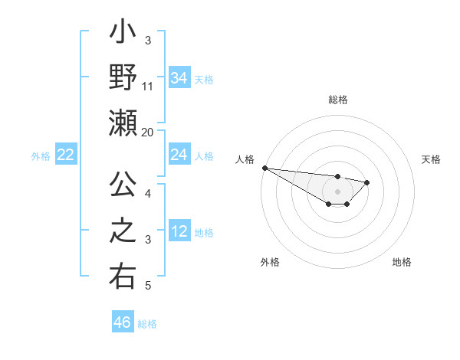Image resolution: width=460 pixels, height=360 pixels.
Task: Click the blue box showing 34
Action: click(179, 77)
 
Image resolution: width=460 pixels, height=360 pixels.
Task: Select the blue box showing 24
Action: click(179, 155)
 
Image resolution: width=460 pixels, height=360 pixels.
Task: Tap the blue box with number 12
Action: click(179, 231)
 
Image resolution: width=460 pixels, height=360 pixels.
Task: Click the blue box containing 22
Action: click(66, 155)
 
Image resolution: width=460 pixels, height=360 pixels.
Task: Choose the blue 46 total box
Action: click(123, 322)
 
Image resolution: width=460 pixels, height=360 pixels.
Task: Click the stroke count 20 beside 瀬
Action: click(148, 132)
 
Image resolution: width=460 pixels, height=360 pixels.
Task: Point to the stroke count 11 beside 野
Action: click(148, 86)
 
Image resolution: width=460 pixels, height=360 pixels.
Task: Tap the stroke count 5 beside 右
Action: click(148, 286)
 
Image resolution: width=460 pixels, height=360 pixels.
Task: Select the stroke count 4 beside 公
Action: click(148, 193)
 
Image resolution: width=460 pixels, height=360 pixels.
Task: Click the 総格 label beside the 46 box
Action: click(147, 324)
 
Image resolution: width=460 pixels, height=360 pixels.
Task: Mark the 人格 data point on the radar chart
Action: click(264, 168)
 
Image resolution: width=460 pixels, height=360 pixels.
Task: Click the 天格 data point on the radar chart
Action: click(367, 182)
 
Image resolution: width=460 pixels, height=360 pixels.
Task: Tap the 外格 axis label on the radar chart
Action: click(270, 262)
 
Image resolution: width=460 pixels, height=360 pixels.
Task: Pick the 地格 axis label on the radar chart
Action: click(402, 262)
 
